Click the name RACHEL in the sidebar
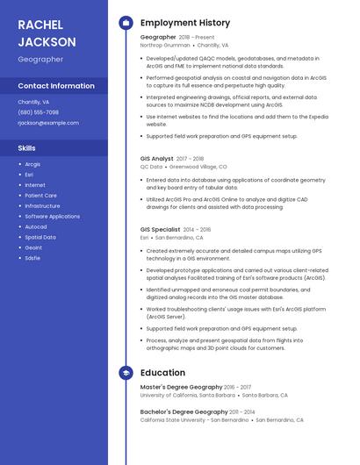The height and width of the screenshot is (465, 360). pyautogui.click(x=40, y=25)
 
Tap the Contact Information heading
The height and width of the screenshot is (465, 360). pyautogui.click(x=56, y=86)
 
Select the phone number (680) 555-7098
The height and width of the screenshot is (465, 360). pyautogui.click(x=39, y=112)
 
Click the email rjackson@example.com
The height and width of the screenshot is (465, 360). pyautogui.click(x=48, y=123)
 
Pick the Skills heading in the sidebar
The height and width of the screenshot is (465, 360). pyautogui.click(x=27, y=148)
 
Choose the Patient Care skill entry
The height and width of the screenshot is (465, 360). pyautogui.click(x=40, y=196)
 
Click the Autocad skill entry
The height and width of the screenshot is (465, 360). pyautogui.click(x=36, y=226)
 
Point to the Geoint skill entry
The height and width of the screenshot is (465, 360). pyautogui.click(x=33, y=247)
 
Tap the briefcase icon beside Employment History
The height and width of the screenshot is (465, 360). pyautogui.click(x=126, y=23)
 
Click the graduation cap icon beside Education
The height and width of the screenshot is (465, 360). pyautogui.click(x=126, y=373)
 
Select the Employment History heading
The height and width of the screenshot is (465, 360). pyautogui.click(x=185, y=23)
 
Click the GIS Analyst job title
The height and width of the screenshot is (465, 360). pyautogui.click(x=157, y=159)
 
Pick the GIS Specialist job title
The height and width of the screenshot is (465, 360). pyautogui.click(x=161, y=230)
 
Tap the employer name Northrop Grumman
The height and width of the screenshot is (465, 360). pyautogui.click(x=165, y=45)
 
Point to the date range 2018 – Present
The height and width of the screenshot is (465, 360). pyautogui.click(x=197, y=38)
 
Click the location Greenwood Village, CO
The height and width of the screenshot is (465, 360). pyautogui.click(x=198, y=166)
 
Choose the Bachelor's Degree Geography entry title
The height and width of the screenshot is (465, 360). pyautogui.click(x=184, y=412)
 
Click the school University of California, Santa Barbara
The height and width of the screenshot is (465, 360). pyautogui.click(x=187, y=395)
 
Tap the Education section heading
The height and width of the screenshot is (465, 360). pyautogui.click(x=162, y=373)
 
